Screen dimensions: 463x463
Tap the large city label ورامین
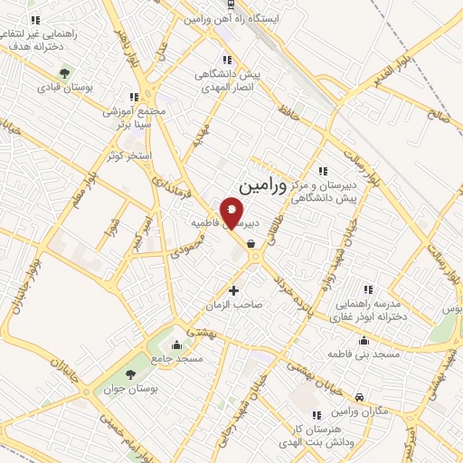pyautogui.click(x=274, y=187)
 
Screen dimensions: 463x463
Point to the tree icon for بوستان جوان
pyautogui.click(x=132, y=373)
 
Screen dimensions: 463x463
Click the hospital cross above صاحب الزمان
pyautogui.click(x=234, y=290)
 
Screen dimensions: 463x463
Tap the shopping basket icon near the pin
pyautogui.click(x=250, y=243)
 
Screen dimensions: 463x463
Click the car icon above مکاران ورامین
pyautogui.click(x=361, y=397)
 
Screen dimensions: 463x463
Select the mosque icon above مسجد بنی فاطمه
pyautogui.click(x=364, y=341)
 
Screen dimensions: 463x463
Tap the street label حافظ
pyautogui.click(x=288, y=114)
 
